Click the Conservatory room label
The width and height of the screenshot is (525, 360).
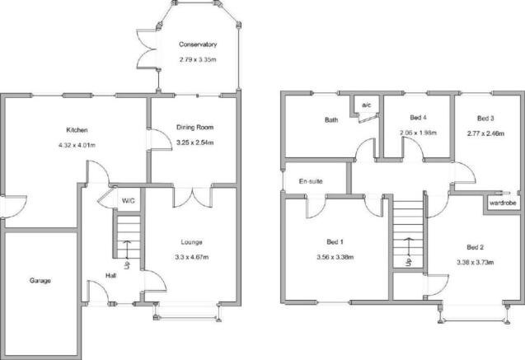198,44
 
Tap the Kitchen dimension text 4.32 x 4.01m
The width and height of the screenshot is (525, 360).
77,145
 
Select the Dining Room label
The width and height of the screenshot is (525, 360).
195,128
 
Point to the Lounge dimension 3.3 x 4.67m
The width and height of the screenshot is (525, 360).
191,257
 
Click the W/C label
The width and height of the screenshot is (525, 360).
129,201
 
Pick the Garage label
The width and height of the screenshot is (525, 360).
40,281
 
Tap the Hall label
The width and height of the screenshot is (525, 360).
110,276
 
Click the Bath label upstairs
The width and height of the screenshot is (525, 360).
331,119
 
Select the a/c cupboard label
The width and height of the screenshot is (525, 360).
367,105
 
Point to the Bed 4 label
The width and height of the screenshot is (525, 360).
418,118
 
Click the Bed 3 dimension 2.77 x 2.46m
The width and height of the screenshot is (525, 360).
485,133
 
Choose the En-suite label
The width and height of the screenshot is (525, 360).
311,181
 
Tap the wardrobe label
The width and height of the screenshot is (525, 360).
503,203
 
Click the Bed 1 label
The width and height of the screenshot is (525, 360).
335,242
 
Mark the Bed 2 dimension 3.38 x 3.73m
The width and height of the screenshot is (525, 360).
475,263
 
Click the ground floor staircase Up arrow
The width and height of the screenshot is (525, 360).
127,250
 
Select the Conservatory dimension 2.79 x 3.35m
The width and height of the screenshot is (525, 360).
198,60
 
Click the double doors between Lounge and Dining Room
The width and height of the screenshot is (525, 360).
193,198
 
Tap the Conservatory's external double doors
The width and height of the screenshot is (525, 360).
148,49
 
